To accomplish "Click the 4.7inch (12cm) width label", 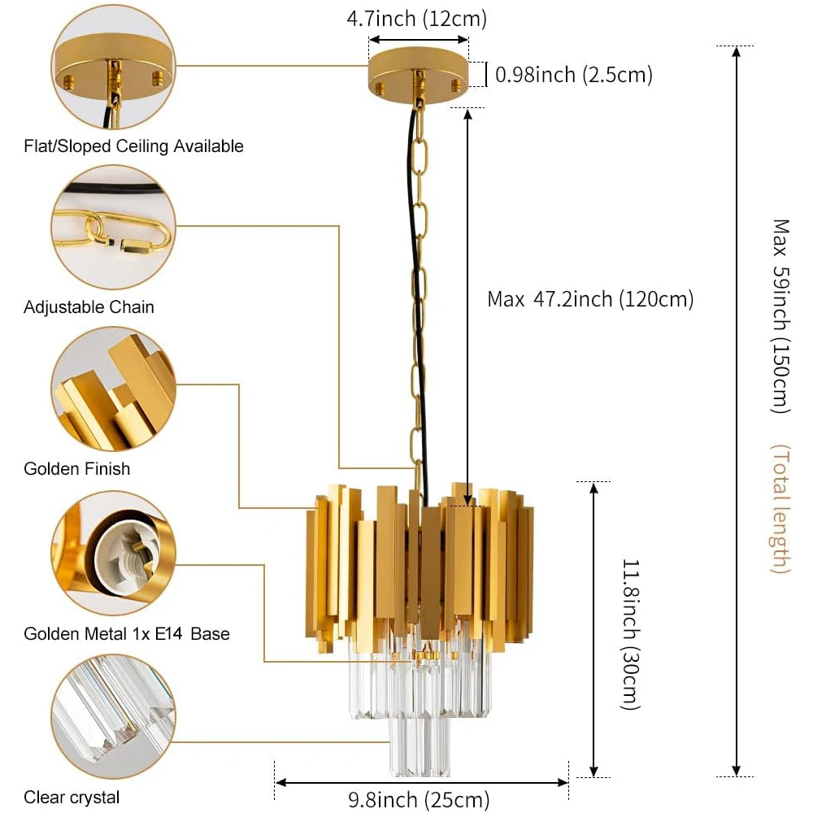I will [x=417, y=18].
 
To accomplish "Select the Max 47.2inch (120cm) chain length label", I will [x=590, y=299].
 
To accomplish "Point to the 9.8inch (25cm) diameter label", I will [x=419, y=800].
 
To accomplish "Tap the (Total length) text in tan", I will [x=780, y=509].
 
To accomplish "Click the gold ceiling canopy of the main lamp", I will [x=419, y=78].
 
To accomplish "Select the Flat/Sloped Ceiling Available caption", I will [x=133, y=146].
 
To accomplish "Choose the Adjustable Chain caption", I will [x=89, y=307].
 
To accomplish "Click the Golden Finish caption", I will [x=76, y=468].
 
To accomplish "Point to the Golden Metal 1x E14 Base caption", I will [x=127, y=633].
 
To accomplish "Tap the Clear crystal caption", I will [x=72, y=798].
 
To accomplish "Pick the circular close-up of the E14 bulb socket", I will [x=113, y=553].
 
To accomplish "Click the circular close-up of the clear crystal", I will [x=113, y=715].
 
